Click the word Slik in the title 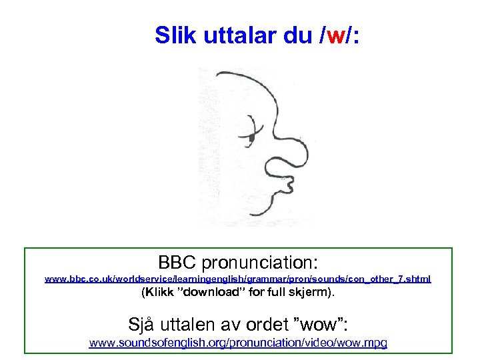[x=175, y=35]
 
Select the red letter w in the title [x=335, y=35]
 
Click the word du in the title [x=297, y=35]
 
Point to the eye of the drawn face [x=251, y=135]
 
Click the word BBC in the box [x=177, y=261]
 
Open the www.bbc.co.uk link [x=237, y=279]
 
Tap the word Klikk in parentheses [x=161, y=293]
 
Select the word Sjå [x=143, y=325]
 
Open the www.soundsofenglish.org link [x=238, y=343]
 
